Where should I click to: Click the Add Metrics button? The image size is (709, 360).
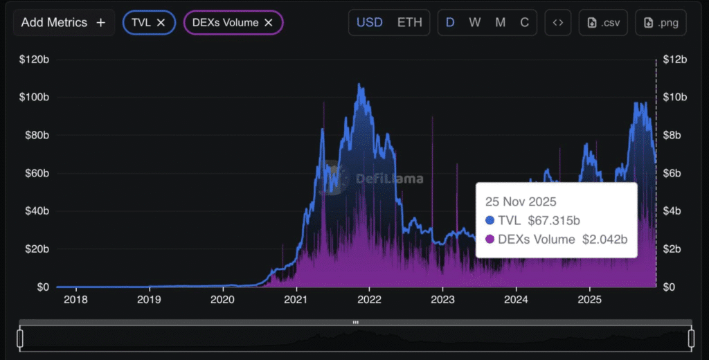pos(63,23)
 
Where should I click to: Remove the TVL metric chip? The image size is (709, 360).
pos(161,23)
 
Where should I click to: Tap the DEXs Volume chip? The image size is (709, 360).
pos(226,23)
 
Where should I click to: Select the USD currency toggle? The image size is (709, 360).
pos(369,23)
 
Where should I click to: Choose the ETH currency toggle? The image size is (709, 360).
pos(409,23)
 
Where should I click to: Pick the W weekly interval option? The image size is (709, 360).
pos(475,23)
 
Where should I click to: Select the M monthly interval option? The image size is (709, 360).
pos(500,23)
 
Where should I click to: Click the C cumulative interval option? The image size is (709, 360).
pos(525,23)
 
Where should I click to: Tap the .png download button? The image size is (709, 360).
pos(661,23)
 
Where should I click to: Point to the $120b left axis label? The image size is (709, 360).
pos(34,60)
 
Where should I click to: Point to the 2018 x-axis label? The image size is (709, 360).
pos(75,300)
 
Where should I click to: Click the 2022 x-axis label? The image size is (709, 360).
pos(369,300)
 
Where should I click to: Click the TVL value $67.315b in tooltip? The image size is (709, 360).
pos(554,221)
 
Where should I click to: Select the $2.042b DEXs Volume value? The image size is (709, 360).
pos(604,240)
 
